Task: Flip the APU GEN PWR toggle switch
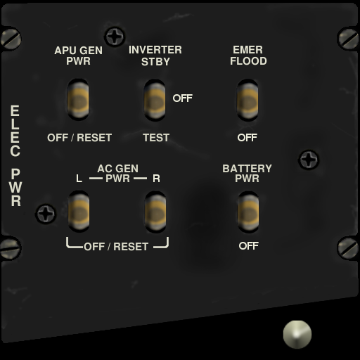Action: click(78, 100)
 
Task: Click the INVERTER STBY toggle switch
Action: click(155, 101)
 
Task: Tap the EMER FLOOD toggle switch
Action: click(247, 101)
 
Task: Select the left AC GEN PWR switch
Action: click(79, 212)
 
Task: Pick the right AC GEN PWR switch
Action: click(155, 212)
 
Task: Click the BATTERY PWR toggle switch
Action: click(248, 212)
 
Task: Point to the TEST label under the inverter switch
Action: click(156, 138)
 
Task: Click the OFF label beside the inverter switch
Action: click(183, 98)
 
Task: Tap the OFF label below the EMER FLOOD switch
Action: click(247, 138)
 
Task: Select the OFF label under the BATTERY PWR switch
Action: click(249, 246)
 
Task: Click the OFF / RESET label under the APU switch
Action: click(79, 138)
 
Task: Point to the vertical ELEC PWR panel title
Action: click(15, 155)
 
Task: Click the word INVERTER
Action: click(155, 50)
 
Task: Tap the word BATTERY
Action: click(247, 169)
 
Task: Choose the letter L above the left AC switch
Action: click(79, 179)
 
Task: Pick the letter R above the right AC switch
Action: click(156, 179)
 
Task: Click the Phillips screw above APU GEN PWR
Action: click(115, 37)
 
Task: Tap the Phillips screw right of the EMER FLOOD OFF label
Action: click(309, 160)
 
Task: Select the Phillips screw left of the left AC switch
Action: click(46, 214)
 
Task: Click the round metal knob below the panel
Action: click(297, 335)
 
